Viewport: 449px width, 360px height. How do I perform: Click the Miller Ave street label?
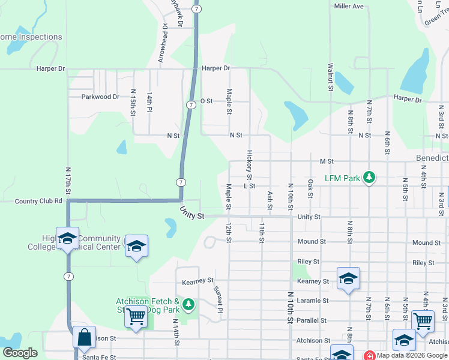tap(349, 6)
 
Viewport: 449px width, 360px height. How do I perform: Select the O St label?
tap(206, 101)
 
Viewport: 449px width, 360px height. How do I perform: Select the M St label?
tap(327, 161)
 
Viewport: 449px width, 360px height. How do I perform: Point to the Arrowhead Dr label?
tap(161, 44)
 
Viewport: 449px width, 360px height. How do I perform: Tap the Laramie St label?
tap(313, 300)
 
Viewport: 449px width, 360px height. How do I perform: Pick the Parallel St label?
tap(313, 320)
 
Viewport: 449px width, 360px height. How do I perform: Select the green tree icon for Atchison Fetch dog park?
tap(189, 305)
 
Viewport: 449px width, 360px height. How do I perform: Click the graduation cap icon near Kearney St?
tap(348, 278)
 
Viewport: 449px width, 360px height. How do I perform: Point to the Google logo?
tap(20, 353)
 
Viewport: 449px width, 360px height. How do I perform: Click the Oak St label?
tap(310, 188)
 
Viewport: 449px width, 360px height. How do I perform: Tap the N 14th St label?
tap(177, 331)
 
